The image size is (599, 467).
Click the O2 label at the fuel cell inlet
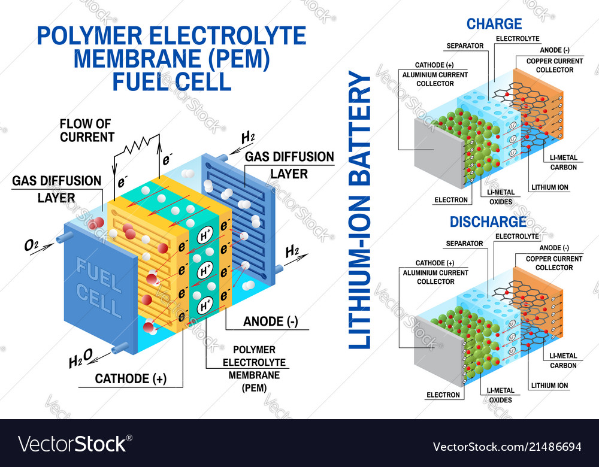tap(32, 245)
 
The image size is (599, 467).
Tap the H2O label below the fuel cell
tap(80, 359)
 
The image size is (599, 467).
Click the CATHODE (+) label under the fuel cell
tap(131, 378)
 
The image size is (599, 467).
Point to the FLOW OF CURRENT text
tap(86, 131)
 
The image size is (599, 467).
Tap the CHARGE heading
tap(494, 25)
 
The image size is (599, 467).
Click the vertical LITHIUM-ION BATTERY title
tap(359, 210)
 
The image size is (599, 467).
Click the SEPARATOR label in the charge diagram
tap(465, 46)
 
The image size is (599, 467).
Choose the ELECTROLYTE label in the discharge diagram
tap(516, 236)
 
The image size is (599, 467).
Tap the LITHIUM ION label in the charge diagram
tap(549, 187)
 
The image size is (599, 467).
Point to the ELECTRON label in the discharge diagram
tap(443, 395)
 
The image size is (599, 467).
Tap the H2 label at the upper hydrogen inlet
tap(247, 138)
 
